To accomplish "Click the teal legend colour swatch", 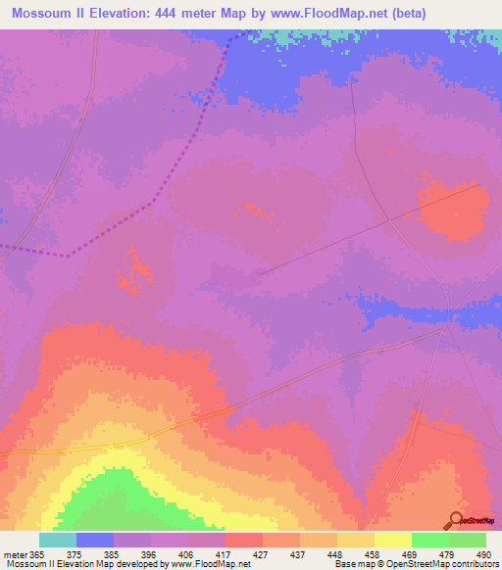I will click(x=58, y=540).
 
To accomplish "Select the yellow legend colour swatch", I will click(x=392, y=540).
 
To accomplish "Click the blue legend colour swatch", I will click(x=95, y=540).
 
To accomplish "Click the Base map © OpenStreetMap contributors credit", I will click(x=415, y=564).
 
